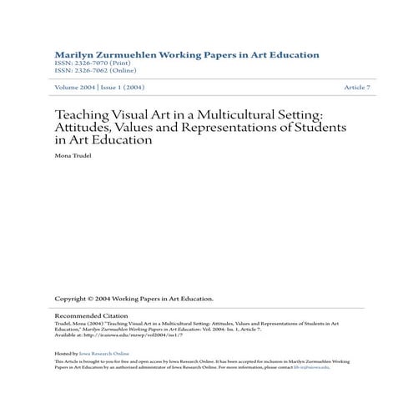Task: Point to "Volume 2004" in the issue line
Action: click(x=73, y=88)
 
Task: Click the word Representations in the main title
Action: click(x=239, y=128)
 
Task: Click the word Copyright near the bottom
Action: click(x=73, y=299)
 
